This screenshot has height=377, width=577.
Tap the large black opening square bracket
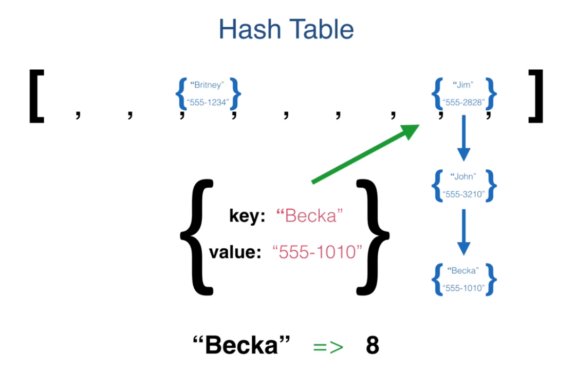tap(35, 97)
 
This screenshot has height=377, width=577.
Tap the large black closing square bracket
tap(535, 97)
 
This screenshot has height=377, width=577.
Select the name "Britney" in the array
tap(208, 85)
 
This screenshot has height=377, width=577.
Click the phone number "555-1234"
tap(209, 102)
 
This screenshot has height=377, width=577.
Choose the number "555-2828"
tap(463, 102)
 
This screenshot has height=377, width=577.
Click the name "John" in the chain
tap(463, 176)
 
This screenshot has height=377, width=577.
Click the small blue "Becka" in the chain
tap(463, 270)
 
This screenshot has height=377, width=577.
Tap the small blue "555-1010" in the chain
tap(463, 288)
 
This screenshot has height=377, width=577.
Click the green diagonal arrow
tap(365, 153)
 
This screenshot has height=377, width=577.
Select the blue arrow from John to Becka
tap(463, 231)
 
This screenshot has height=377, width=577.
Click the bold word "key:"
tap(247, 216)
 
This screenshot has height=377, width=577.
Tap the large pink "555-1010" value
tap(318, 252)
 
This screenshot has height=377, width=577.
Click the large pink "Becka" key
tap(310, 216)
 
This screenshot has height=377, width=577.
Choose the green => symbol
tap(328, 347)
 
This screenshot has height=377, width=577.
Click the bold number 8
tap(373, 346)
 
